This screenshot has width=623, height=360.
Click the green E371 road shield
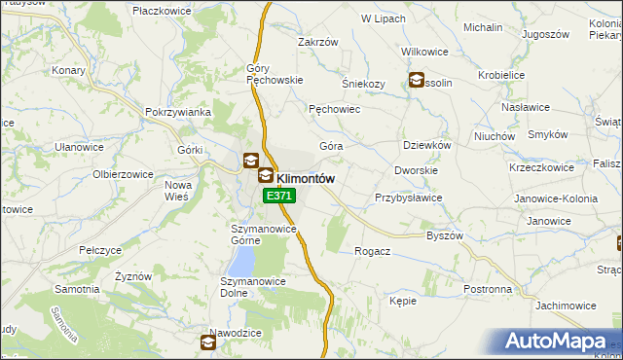279,196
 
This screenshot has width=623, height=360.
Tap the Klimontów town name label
307,178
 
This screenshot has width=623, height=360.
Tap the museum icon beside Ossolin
417,82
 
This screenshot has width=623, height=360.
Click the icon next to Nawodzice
209,342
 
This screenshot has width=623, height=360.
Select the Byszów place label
445,235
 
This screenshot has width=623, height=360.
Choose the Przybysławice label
409,198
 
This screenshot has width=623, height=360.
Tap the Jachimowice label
566,306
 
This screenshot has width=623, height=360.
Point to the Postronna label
488,289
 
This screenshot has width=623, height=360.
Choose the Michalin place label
483,28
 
